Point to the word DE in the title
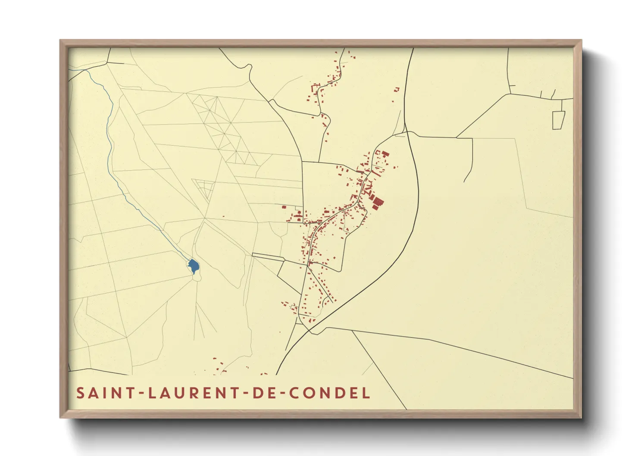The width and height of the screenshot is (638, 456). [x=263, y=393]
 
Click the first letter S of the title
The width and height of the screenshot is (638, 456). [x=80, y=393]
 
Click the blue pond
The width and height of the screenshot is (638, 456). [x=194, y=266]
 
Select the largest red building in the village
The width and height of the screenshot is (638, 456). [x=378, y=203]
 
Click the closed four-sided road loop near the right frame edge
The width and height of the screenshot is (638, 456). [x=558, y=119]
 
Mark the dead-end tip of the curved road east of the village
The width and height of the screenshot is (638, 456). [x=464, y=181]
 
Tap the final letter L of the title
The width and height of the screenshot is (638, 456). [x=366, y=393]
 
